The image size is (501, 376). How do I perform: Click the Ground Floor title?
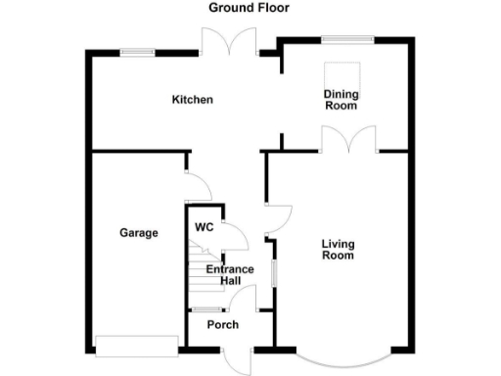pyautogui.click(x=249, y=8)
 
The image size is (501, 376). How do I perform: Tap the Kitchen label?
pyautogui.click(x=193, y=100)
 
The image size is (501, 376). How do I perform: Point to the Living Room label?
pyautogui.click(x=338, y=250)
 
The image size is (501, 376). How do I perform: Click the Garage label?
pyautogui.click(x=139, y=233)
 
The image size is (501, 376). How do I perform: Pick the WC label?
pyautogui.click(x=204, y=227)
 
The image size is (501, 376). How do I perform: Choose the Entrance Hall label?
pyautogui.click(x=229, y=275)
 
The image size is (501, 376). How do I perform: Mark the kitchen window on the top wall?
pyautogui.click(x=138, y=51)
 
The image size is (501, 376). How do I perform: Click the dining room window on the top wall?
pyautogui.click(x=348, y=39)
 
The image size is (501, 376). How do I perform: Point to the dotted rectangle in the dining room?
pyautogui.click(x=350, y=74)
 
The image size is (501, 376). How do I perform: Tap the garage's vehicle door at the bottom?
pyautogui.click(x=136, y=345)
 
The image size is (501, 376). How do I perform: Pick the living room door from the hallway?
pyautogui.click(x=278, y=217)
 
